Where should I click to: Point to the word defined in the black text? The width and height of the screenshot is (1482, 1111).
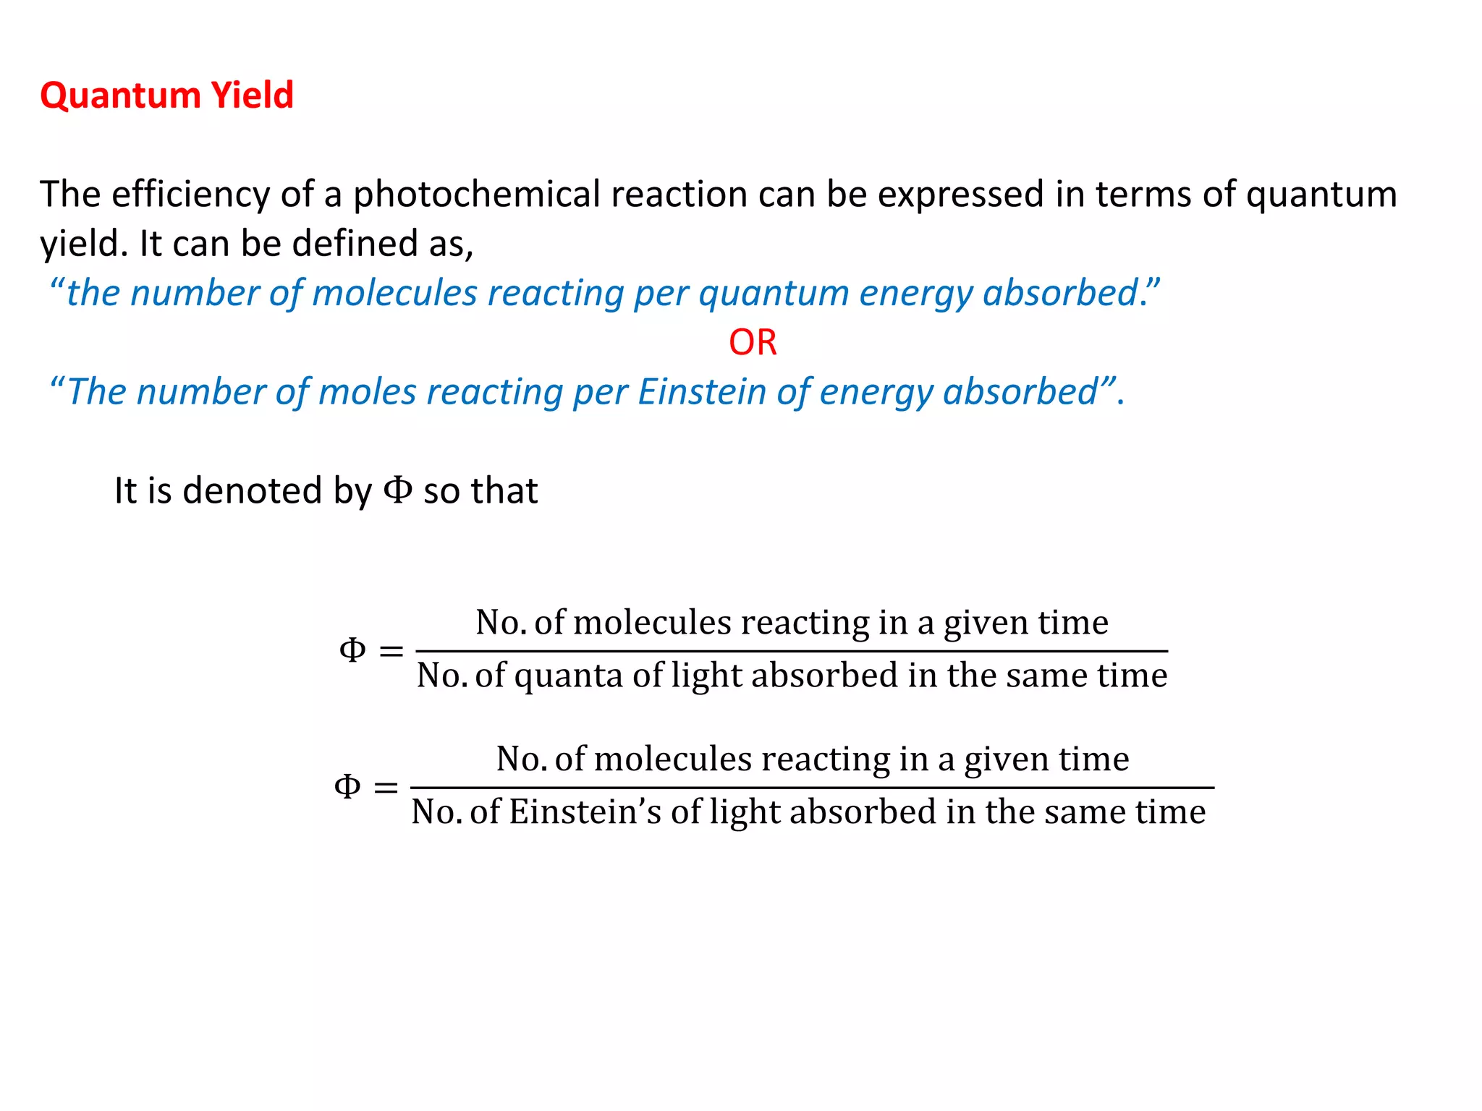[354, 244]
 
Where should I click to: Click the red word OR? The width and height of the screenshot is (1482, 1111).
[753, 342]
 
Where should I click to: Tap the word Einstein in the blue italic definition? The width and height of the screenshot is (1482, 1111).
[702, 392]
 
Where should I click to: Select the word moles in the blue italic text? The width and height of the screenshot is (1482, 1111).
[368, 392]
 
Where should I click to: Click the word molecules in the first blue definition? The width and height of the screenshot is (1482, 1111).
[395, 294]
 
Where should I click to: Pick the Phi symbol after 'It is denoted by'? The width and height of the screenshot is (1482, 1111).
[397, 490]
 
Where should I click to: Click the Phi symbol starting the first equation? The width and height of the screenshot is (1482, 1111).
[352, 650]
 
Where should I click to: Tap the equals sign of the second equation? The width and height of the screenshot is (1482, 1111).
[386, 787]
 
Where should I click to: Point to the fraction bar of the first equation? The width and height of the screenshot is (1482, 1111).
[792, 651]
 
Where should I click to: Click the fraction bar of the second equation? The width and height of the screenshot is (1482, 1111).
[812, 788]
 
